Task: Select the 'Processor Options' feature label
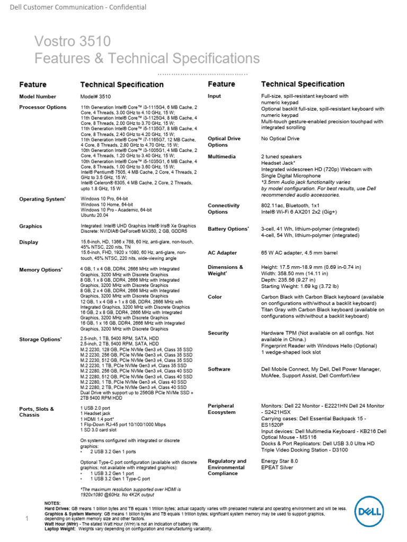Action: tap(43, 107)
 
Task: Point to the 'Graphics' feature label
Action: tap(31, 226)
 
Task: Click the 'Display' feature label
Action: tap(29, 242)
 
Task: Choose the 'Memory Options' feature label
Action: tap(40, 270)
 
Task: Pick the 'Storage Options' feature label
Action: tap(40, 339)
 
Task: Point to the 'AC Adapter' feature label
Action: tap(223, 253)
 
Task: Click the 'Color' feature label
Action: tap(215, 297)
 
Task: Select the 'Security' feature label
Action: tap(219, 333)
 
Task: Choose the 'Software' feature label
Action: tap(219, 369)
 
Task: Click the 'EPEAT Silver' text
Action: tap(277, 468)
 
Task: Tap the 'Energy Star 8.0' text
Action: tap(280, 461)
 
